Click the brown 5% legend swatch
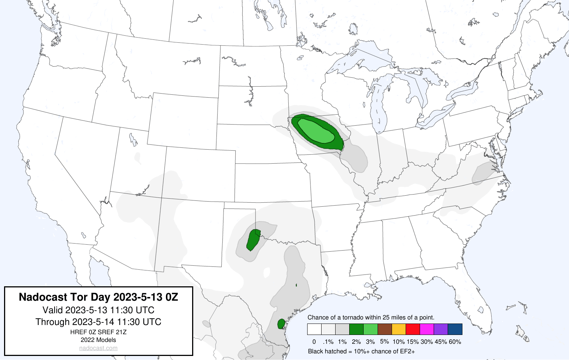coord(385,329)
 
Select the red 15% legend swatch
coord(413,329)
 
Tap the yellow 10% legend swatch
coord(399,329)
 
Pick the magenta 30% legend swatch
coord(427,329)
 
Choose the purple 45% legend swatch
coord(441,329)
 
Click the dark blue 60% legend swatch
coord(455,329)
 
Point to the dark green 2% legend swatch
coord(356,329)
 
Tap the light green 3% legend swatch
coord(370,329)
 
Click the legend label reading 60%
coord(455,342)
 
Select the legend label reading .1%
coord(328,342)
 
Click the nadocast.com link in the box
coord(98,348)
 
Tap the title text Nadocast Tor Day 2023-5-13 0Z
coord(98,297)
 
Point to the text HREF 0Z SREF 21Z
coord(98,332)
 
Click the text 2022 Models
coord(98,340)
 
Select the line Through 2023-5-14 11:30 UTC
coord(98,322)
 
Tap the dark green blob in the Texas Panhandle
coord(253,240)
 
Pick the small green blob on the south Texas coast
coord(281,324)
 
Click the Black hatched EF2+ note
coord(361,351)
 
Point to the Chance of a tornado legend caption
coord(371,317)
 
